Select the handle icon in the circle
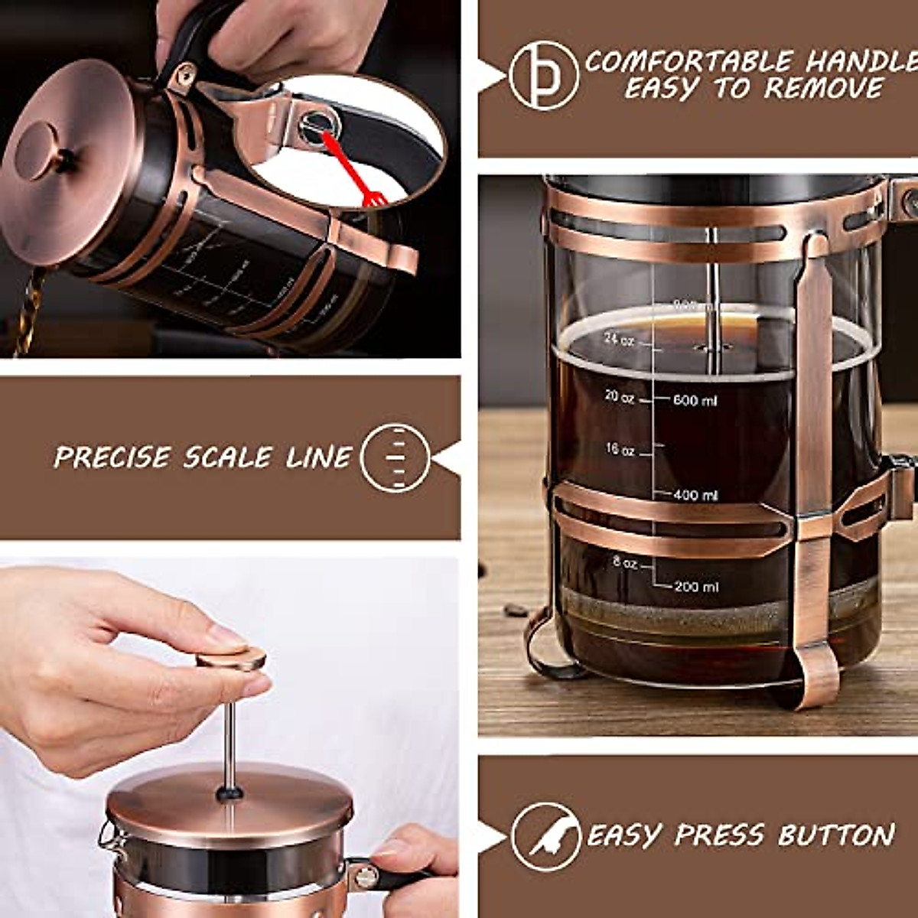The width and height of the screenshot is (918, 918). [x=544, y=76]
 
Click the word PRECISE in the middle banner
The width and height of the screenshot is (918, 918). [x=112, y=457]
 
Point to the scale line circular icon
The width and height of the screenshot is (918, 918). [x=396, y=457]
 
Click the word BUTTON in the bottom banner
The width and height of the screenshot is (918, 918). [x=836, y=835]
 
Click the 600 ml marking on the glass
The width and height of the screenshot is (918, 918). [x=695, y=400]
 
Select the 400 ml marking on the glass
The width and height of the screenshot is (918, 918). [x=695, y=496]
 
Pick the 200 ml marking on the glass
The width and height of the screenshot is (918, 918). [x=696, y=587]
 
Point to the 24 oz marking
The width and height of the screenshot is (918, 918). [x=619, y=339]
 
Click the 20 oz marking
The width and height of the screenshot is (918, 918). [x=619, y=397]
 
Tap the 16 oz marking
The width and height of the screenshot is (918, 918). [x=620, y=450]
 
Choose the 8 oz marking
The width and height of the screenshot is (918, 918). [x=624, y=563]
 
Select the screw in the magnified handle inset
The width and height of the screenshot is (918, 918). [x=314, y=125]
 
